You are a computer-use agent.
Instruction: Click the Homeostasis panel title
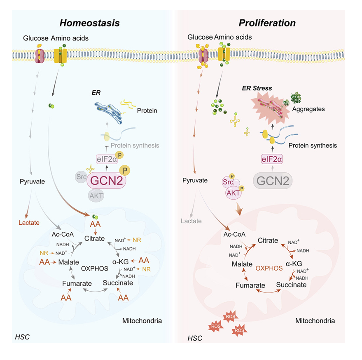pyautogui.click(x=90, y=23)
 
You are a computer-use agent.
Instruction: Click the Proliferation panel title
pyautogui.click(x=269, y=23)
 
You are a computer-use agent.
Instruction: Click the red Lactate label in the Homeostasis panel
pyautogui.click(x=29, y=223)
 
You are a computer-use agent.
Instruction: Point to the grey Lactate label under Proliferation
pyautogui.click(x=192, y=221)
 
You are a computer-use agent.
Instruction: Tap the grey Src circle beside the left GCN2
pyautogui.click(x=81, y=177)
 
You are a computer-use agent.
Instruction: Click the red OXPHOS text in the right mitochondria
pyautogui.click(x=269, y=268)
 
